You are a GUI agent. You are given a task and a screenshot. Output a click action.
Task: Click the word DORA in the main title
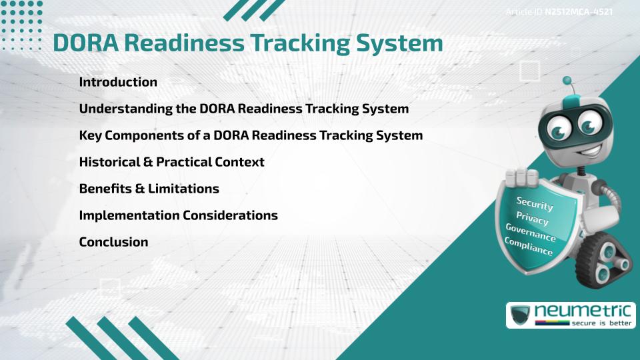click(85, 43)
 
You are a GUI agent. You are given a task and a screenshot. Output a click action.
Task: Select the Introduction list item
click(118, 83)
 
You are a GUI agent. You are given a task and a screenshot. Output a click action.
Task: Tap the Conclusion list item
click(113, 242)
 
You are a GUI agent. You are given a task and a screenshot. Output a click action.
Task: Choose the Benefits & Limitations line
click(149, 189)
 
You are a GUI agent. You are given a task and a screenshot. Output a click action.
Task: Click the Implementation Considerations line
click(178, 215)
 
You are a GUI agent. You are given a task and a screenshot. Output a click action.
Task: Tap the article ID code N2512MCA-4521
click(579, 12)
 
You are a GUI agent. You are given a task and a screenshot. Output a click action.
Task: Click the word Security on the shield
click(535, 204)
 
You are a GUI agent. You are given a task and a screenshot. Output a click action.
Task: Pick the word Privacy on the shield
click(533, 218)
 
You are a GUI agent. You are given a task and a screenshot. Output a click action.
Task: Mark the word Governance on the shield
click(531, 233)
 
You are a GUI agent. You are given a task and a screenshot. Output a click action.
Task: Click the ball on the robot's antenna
click(567, 81)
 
